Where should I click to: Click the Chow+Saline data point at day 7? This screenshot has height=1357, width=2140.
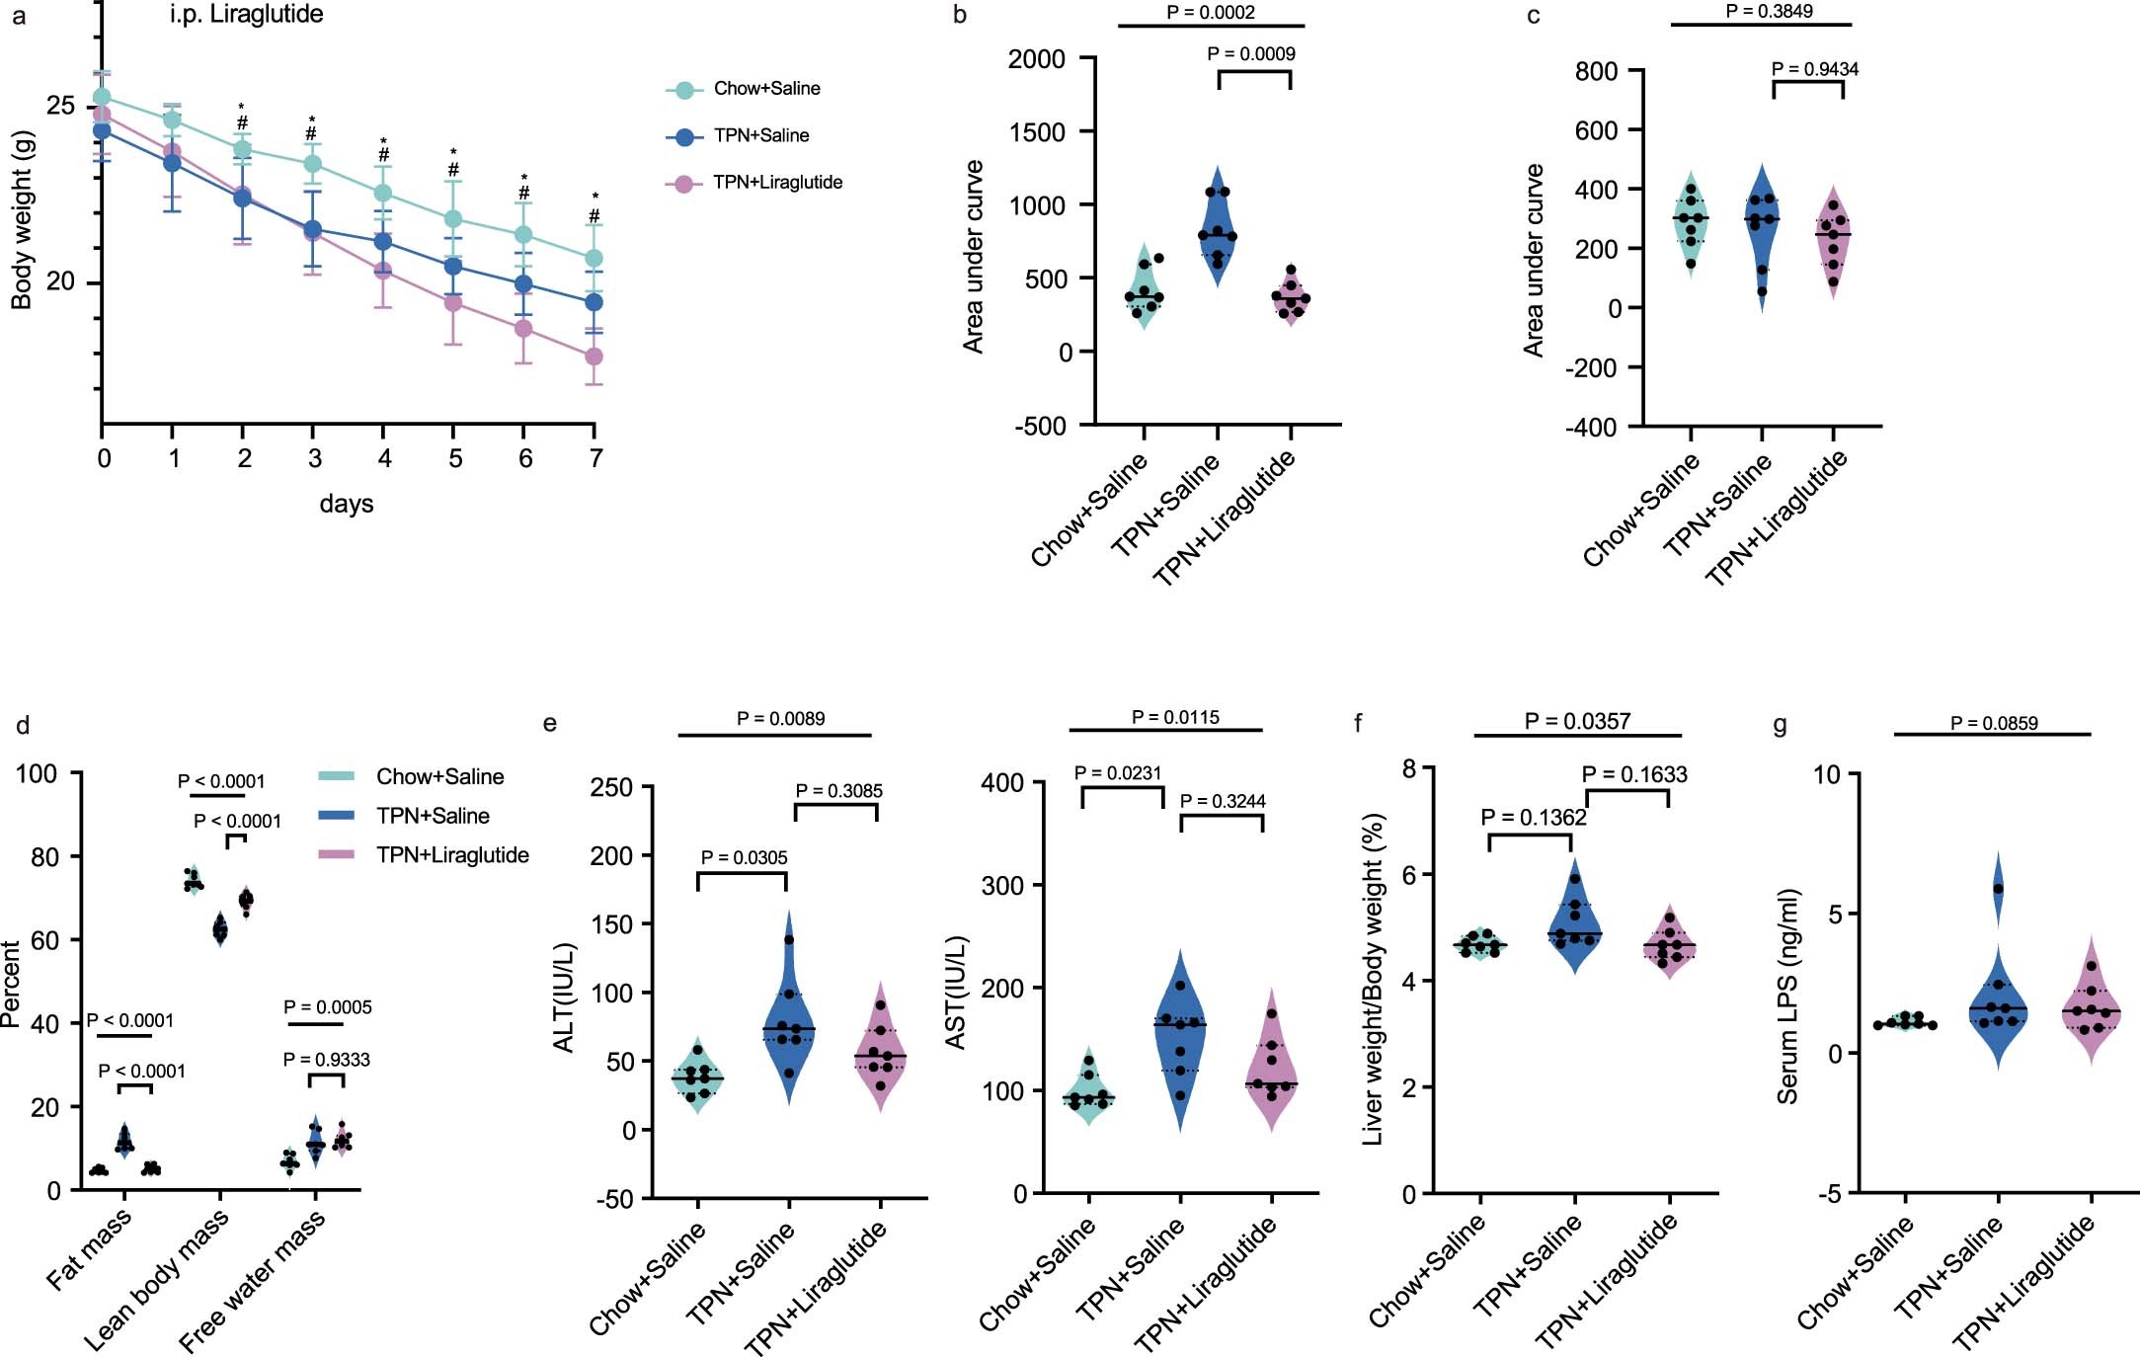tap(594, 259)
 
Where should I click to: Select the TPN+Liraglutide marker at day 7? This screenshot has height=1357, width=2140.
tap(594, 357)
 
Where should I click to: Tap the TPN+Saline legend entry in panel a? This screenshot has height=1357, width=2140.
tap(760, 136)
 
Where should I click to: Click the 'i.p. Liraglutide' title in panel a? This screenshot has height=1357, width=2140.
tap(246, 15)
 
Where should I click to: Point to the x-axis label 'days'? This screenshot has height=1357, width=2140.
tap(346, 504)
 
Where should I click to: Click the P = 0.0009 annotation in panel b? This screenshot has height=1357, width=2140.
tap(1250, 54)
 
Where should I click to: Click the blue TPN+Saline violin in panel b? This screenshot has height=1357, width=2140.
tap(1218, 227)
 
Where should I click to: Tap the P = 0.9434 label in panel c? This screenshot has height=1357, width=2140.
tap(1814, 69)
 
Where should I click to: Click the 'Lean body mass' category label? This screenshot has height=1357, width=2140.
tap(156, 1281)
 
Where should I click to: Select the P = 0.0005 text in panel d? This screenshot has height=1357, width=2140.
tap(327, 1007)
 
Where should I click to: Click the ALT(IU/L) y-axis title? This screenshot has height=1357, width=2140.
tap(564, 998)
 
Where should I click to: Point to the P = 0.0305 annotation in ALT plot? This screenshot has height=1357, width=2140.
tap(744, 857)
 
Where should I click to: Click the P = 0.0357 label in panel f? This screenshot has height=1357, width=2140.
tap(1576, 722)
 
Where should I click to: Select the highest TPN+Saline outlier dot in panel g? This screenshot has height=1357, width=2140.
tap(1998, 889)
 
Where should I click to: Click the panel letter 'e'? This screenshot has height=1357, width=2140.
tap(550, 724)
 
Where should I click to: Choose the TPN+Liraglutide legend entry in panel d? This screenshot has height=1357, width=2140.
tap(451, 855)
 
